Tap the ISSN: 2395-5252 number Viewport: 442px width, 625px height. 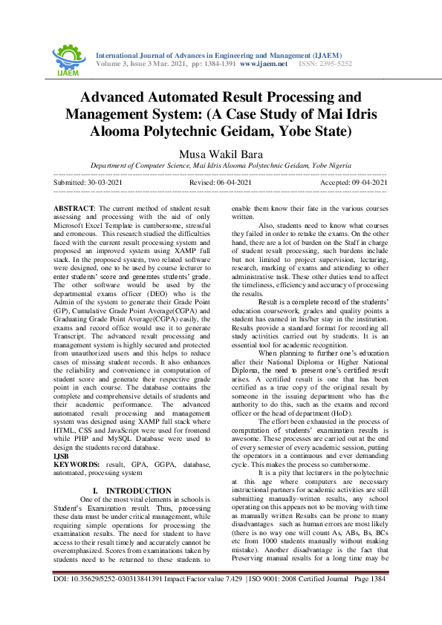[x=325, y=64]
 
